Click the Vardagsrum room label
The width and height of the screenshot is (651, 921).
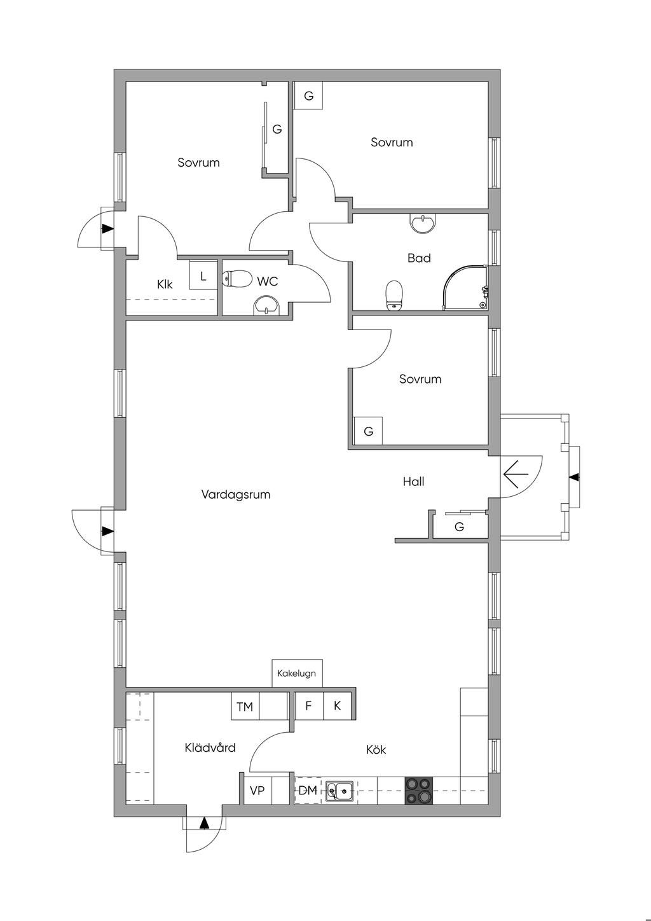236,494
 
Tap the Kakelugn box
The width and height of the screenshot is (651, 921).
297,673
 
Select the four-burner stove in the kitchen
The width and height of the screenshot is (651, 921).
418,791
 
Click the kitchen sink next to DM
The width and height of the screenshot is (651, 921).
340,791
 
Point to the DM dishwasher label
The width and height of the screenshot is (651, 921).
308,791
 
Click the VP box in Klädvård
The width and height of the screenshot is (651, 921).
257,791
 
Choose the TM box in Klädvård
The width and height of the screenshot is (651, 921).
245,707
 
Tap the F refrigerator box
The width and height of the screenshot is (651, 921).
309,705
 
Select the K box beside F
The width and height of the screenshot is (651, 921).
338,705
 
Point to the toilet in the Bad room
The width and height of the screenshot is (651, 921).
395,296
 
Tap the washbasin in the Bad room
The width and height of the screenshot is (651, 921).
423,223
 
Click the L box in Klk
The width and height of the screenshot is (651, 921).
203,277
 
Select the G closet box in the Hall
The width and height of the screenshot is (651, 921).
459,527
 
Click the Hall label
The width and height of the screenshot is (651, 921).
413,481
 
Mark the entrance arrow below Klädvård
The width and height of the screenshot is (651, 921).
204,823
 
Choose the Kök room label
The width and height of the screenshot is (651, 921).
376,749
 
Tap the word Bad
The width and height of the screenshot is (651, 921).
419,258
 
